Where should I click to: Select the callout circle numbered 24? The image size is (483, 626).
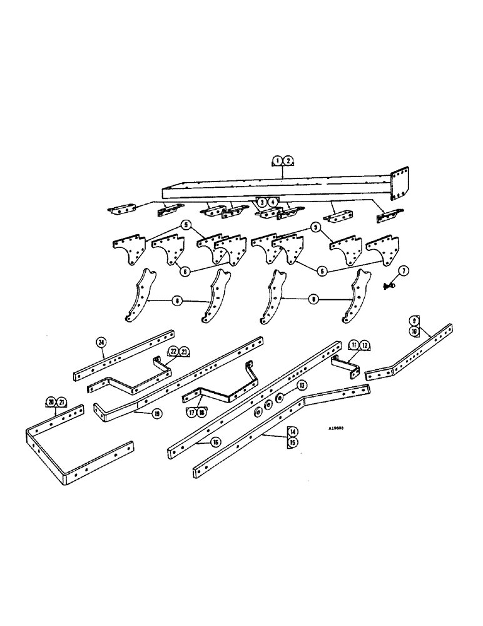(x=101, y=341)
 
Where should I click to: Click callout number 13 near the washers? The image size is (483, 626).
(x=302, y=385)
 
